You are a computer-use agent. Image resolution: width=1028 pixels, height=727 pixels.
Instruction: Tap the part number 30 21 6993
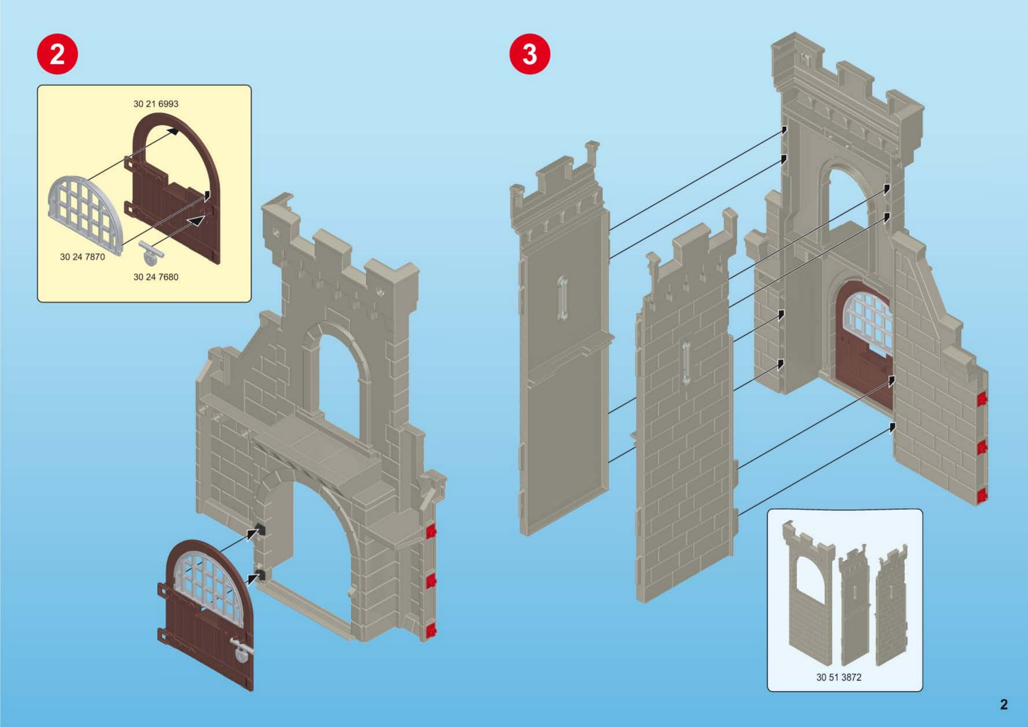point(156,104)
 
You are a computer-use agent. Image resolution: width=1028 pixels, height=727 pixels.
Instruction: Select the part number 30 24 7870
point(82,257)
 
